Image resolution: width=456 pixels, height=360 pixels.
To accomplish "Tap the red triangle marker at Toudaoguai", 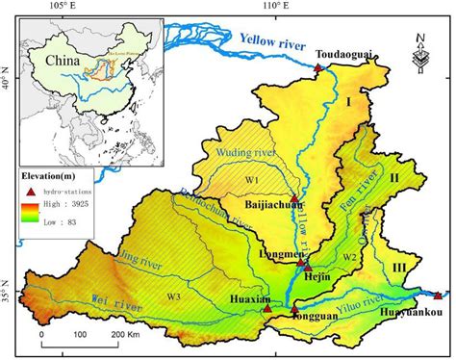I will [318, 68].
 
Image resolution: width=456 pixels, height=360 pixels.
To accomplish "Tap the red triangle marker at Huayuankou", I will [438, 296].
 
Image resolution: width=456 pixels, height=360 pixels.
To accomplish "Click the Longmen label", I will [281, 256].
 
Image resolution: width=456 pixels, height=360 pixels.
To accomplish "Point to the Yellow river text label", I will [272, 44].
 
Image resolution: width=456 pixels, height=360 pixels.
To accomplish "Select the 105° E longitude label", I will [59, 7].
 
